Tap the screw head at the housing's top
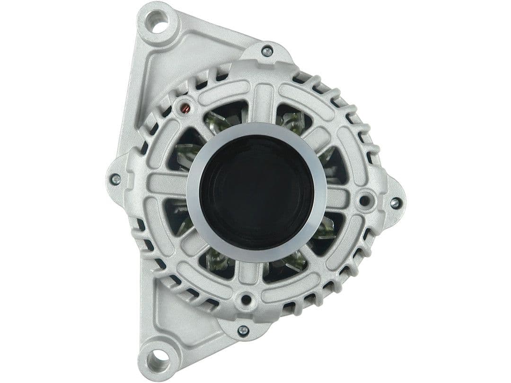tap(267, 51)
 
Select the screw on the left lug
tap(115, 179)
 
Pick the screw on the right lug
tap(395, 203)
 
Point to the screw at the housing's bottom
tap(243, 330)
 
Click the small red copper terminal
tap(185, 109)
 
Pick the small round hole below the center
tap(246, 299)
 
